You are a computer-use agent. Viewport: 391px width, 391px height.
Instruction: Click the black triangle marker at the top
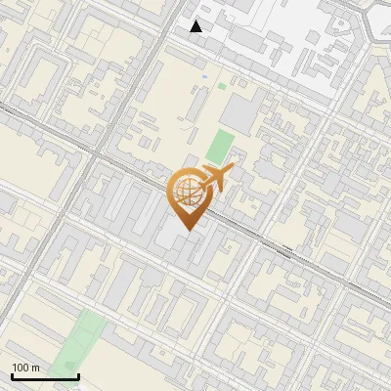click(x=196, y=26)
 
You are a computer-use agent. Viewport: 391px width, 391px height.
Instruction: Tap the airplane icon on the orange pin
click(x=214, y=179)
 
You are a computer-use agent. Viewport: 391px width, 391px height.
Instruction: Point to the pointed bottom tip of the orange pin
click(x=187, y=231)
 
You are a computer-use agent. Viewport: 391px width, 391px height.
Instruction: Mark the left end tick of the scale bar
click(x=12, y=375)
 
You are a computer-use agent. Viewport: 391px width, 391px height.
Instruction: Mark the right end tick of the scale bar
click(x=78, y=375)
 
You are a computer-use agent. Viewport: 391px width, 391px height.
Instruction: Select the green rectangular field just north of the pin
click(x=220, y=147)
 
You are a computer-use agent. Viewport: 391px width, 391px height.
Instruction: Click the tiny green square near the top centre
click(x=222, y=86)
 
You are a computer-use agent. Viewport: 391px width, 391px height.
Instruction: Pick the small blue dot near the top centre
click(x=203, y=76)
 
